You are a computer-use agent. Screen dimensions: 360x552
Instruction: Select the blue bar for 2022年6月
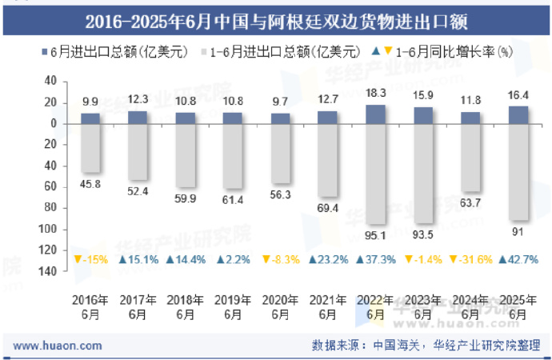pyautogui.click(x=375, y=114)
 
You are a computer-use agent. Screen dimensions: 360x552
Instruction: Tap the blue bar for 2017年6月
pyautogui.click(x=138, y=118)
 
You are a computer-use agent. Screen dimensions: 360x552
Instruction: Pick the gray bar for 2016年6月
pyautogui.click(x=90, y=148)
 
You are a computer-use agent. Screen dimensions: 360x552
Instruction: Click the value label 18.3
pyautogui.click(x=375, y=93)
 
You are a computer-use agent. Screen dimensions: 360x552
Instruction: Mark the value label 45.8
pyautogui.click(x=90, y=184)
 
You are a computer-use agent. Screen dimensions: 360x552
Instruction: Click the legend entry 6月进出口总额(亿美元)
pyautogui.click(x=118, y=53)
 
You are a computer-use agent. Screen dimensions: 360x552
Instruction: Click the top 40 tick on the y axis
pyautogui.click(x=50, y=82)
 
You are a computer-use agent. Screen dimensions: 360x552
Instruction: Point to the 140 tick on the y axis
pyautogui.click(x=48, y=271)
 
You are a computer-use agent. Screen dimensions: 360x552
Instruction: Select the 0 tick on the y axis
pyautogui.click(x=53, y=124)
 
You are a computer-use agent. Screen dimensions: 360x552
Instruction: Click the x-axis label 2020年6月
pyautogui.click(x=280, y=307)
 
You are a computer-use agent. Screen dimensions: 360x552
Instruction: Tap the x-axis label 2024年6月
pyautogui.click(x=470, y=307)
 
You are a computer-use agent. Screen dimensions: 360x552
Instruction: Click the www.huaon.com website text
pyautogui.click(x=58, y=346)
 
